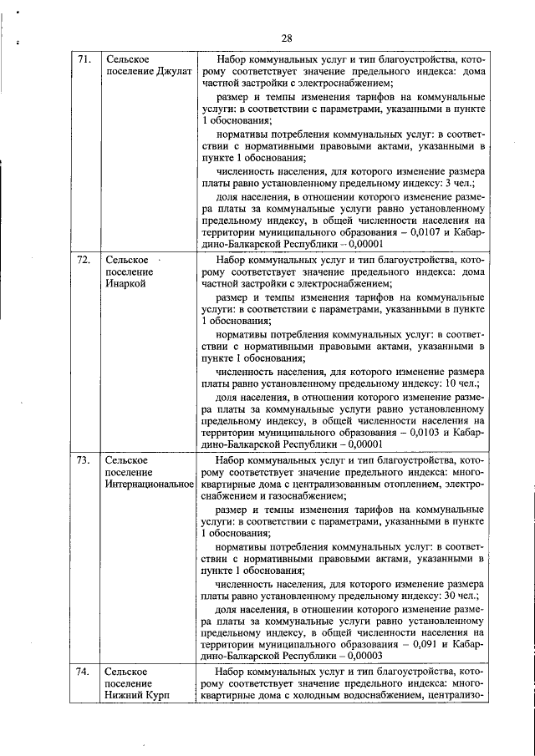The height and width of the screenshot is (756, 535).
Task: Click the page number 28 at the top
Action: tap(286, 38)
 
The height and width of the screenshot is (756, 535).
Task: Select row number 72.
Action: tap(84, 260)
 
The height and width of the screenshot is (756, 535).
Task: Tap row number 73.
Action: tap(84, 460)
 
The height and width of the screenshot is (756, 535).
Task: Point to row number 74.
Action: tap(84, 672)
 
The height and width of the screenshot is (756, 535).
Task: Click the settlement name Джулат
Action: tap(172, 74)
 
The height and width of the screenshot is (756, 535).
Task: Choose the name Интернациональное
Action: tap(148, 485)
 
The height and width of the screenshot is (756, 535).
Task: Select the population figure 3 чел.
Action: tap(460, 183)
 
